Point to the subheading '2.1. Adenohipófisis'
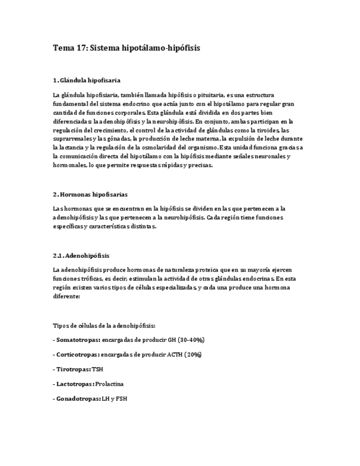point(81,256)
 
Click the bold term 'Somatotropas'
point(77,340)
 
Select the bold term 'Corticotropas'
point(77,354)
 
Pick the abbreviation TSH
point(97,369)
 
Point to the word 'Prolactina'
point(109,384)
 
